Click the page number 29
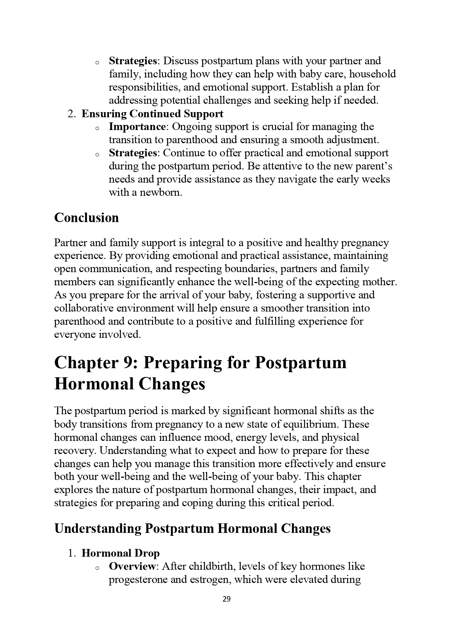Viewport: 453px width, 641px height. (226, 599)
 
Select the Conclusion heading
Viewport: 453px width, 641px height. (86, 218)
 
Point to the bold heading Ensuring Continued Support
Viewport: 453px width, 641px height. (152, 114)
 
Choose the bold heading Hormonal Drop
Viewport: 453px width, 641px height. (121, 553)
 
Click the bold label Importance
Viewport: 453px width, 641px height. (137, 127)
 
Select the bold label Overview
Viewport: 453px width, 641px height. (132, 566)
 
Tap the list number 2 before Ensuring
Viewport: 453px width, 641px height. (71, 114)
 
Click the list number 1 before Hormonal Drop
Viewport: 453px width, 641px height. (71, 553)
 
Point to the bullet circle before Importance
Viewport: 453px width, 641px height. (97, 128)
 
